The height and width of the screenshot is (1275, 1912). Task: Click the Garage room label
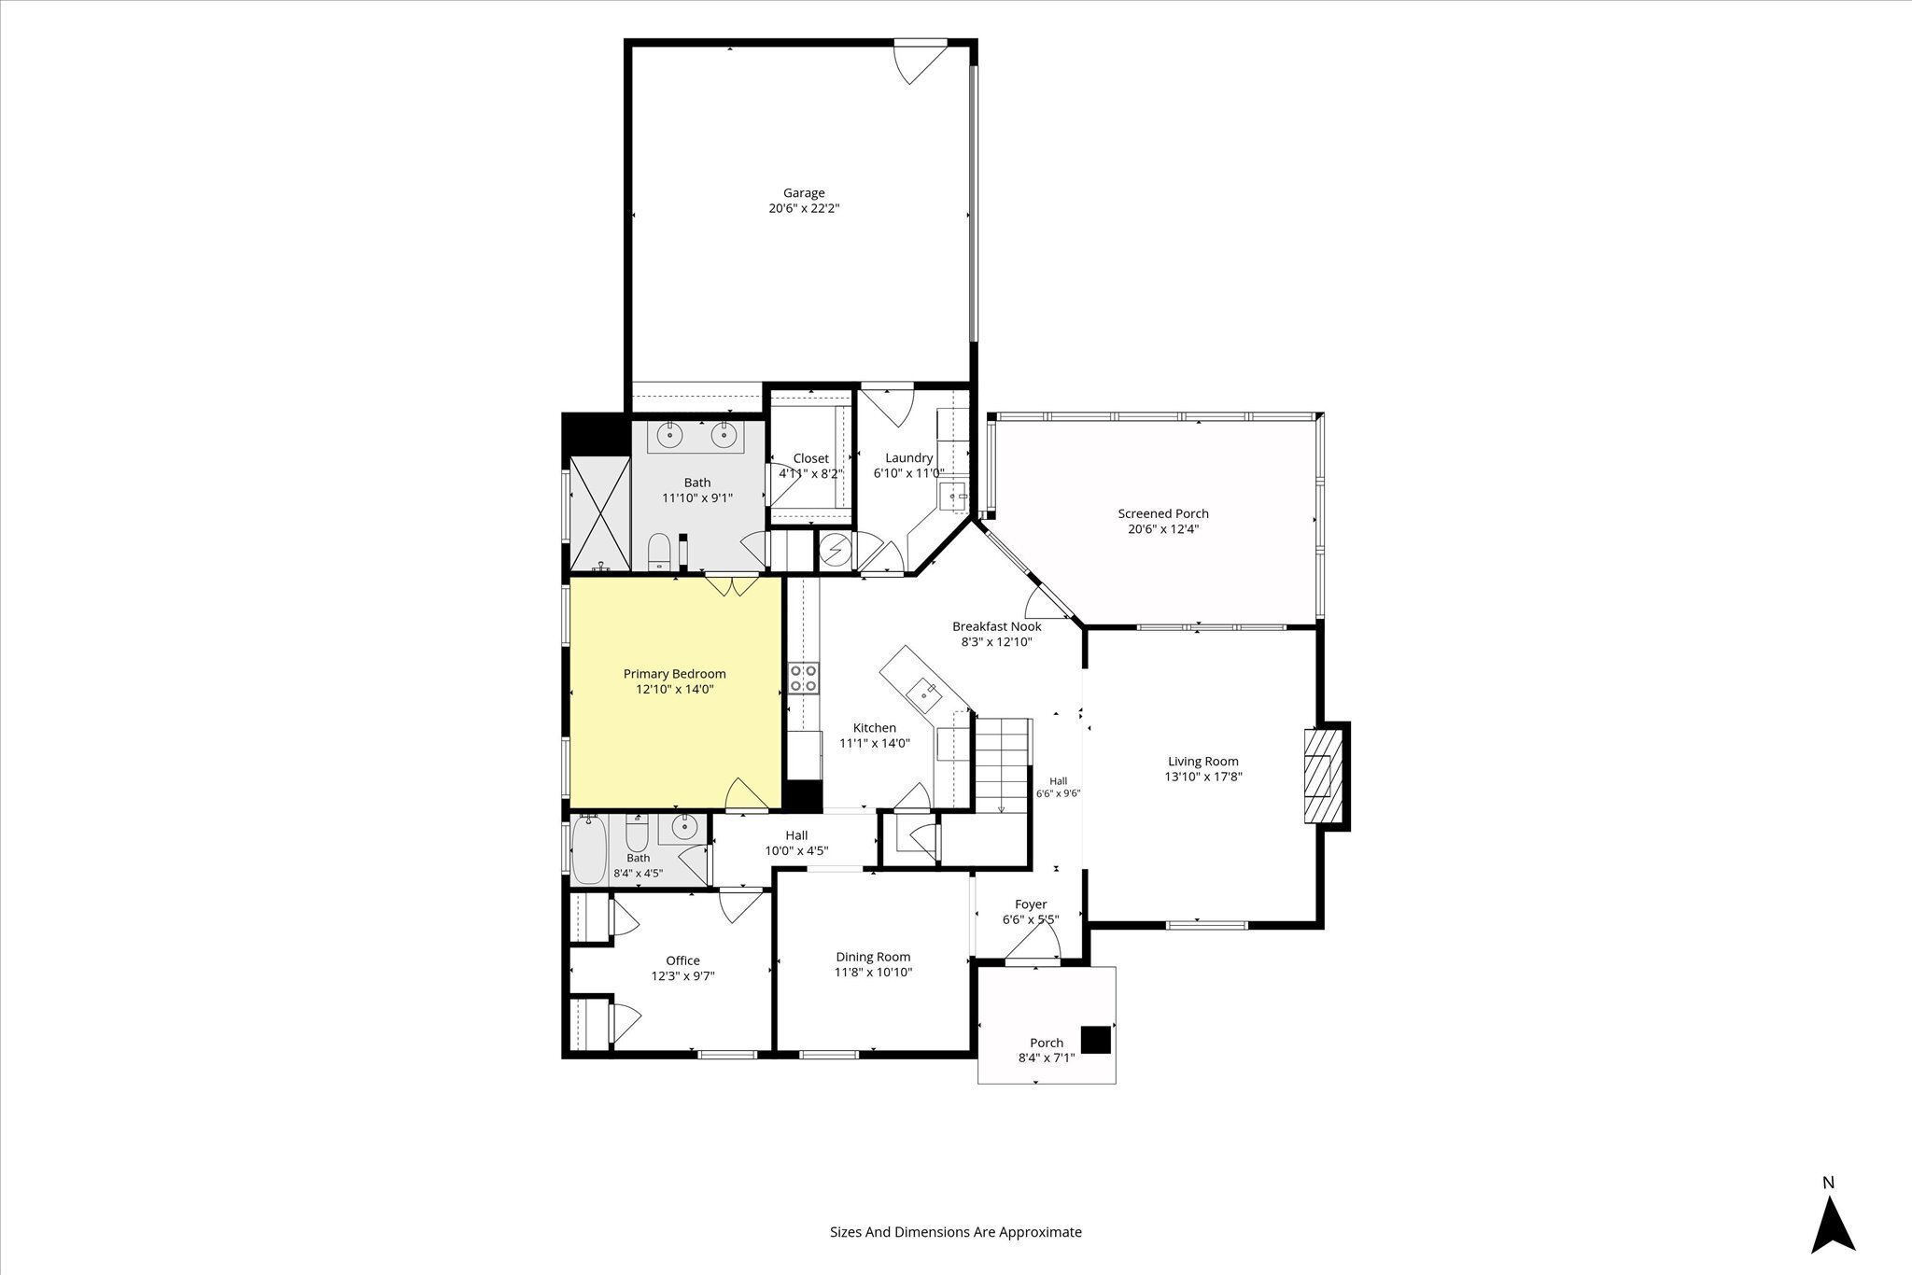(x=804, y=193)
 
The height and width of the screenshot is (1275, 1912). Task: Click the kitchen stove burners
(x=804, y=678)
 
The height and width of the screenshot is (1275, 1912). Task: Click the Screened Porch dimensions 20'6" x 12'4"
(x=1163, y=529)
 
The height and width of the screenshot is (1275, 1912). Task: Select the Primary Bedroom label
(x=674, y=674)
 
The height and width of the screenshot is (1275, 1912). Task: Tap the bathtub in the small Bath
(x=589, y=848)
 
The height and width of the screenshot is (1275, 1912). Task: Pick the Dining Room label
(x=873, y=957)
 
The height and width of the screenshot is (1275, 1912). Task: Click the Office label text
(x=682, y=960)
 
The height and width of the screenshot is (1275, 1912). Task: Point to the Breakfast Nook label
(x=996, y=626)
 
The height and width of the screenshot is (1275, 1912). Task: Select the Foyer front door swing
(x=1033, y=945)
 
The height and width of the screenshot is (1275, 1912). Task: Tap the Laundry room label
(x=908, y=457)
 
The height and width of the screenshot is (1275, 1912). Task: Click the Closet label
(x=810, y=458)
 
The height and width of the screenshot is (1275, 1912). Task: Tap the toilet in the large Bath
(x=660, y=552)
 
